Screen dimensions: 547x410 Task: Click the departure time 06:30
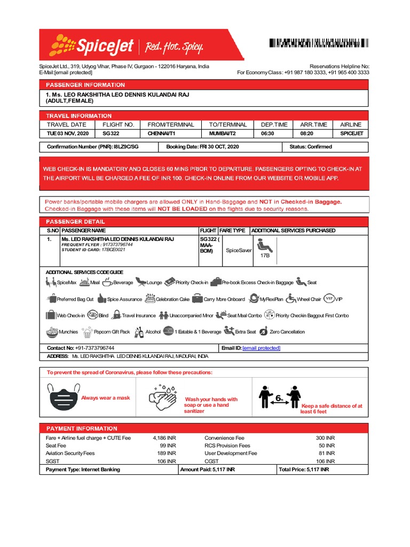click(x=267, y=134)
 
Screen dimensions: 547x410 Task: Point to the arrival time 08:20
click(x=307, y=134)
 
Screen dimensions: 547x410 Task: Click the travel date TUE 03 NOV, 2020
click(x=68, y=134)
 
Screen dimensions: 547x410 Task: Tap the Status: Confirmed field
click(x=310, y=146)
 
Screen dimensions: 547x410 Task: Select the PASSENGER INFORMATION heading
click(x=85, y=85)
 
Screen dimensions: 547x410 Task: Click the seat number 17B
click(x=265, y=256)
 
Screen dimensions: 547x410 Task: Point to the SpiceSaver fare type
click(x=239, y=250)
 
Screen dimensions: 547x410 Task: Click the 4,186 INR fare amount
click(x=164, y=437)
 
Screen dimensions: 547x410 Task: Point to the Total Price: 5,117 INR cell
click(x=303, y=470)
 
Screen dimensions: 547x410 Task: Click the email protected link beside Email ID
click(x=261, y=348)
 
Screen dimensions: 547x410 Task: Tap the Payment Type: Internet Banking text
click(x=83, y=470)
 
